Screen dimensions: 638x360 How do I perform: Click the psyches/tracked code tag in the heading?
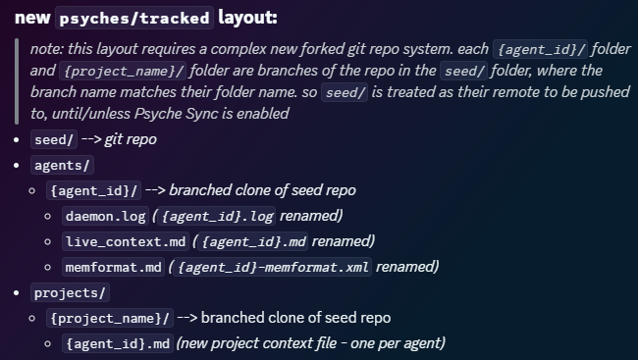coord(134,18)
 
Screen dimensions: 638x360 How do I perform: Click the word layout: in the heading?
coord(247,18)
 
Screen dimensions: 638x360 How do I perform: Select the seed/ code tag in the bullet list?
coord(54,139)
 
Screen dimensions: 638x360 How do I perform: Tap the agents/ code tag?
coord(62,165)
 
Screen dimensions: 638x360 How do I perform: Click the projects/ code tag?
coord(70,292)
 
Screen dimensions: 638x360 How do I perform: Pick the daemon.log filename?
coord(105,216)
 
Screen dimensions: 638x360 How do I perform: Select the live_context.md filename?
coord(126,241)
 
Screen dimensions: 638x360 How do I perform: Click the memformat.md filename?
coord(114,267)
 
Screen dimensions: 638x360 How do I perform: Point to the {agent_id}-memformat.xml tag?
coord(273,267)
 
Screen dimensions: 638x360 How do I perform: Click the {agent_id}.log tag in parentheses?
coord(217,216)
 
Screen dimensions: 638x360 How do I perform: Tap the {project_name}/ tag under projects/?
coord(110,318)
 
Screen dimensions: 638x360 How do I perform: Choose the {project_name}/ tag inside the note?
coord(123,71)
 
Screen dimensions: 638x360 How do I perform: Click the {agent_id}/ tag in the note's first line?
coord(541,49)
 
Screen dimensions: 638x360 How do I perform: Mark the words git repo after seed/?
coord(131,139)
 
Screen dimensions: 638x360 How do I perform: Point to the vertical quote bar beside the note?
coord(17,81)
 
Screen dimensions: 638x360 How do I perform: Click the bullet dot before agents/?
coord(17,166)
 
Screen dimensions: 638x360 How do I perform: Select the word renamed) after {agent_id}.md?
coord(343,241)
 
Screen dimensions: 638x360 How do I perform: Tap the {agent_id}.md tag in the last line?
coord(118,343)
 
